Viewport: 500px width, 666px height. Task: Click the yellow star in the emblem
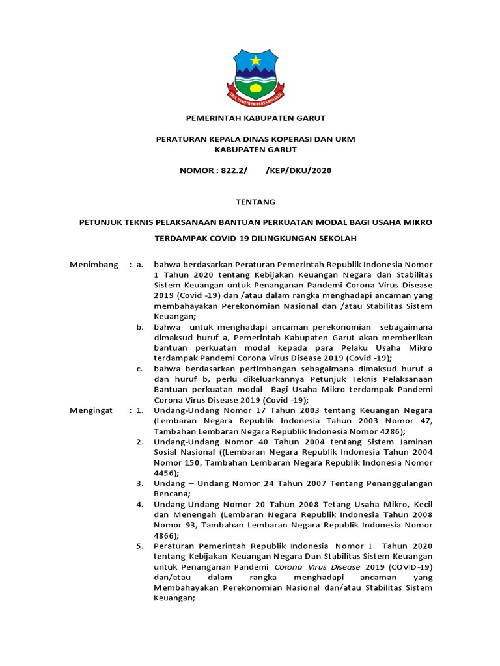[x=255, y=60]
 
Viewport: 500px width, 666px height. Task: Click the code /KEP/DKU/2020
[x=299, y=170]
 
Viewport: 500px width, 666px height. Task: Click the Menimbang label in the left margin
[x=94, y=265]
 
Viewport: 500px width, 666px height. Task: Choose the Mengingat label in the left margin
[x=91, y=410]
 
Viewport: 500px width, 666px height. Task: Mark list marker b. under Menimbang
[x=140, y=327]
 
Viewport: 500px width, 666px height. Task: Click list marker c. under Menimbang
[x=140, y=369]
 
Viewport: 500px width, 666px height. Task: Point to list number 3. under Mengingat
[x=140, y=483]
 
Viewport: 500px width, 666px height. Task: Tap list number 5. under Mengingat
[x=140, y=546]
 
